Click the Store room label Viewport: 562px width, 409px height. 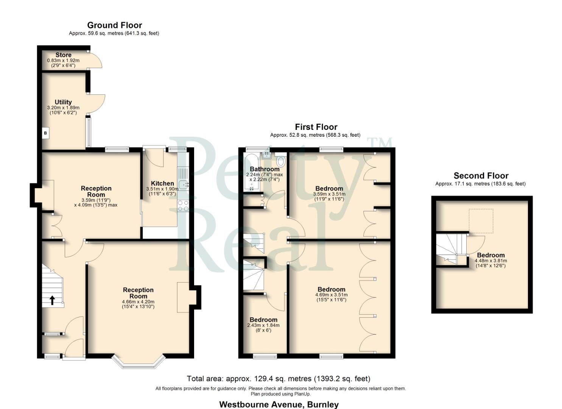(x=63, y=55)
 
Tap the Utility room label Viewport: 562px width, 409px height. (x=63, y=102)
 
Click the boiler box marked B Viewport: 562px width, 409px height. (x=45, y=133)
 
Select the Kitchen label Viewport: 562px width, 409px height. (x=162, y=183)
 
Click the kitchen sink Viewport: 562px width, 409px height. (x=184, y=185)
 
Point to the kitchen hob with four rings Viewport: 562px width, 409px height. (x=183, y=206)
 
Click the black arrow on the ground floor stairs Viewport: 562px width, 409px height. (x=52, y=300)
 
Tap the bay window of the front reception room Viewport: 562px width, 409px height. (x=139, y=362)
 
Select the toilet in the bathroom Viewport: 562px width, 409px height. (x=280, y=162)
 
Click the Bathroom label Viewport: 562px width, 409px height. (x=265, y=169)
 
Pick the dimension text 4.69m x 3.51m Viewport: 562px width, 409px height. (x=331, y=295)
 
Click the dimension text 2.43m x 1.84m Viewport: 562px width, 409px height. (x=263, y=325)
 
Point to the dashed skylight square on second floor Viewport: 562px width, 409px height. (x=481, y=221)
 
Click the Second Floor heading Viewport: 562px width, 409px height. (x=481, y=176)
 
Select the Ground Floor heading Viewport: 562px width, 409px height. (x=114, y=25)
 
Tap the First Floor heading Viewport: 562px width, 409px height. (x=316, y=127)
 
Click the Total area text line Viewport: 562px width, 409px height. (x=278, y=379)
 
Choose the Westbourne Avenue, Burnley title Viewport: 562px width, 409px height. (x=279, y=404)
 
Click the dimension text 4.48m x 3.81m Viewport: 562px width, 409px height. (x=491, y=261)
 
